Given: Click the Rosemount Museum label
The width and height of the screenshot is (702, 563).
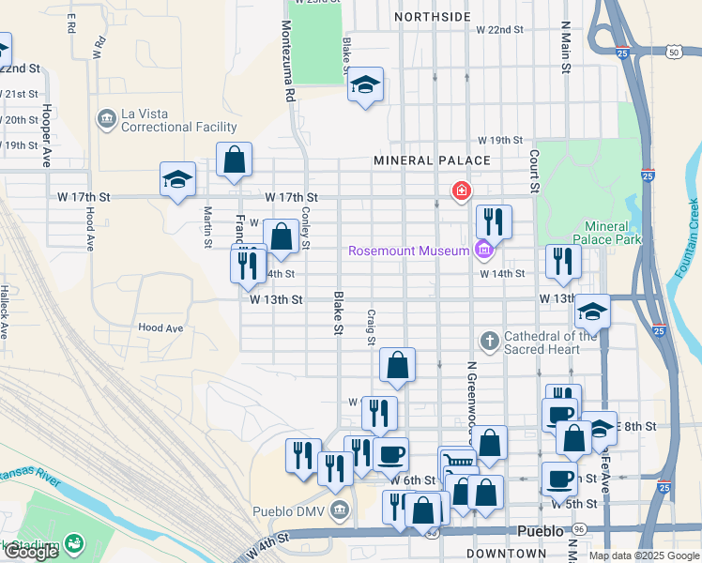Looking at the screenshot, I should pyautogui.click(x=408, y=251).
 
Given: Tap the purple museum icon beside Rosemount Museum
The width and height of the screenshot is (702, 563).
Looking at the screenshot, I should pyautogui.click(x=483, y=250).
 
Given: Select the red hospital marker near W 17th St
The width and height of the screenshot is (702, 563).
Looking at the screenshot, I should pyautogui.click(x=461, y=191).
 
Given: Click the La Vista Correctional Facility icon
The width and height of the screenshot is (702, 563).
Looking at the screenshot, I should pyautogui.click(x=106, y=119).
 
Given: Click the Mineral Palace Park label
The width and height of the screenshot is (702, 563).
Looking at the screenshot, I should pyautogui.click(x=612, y=233).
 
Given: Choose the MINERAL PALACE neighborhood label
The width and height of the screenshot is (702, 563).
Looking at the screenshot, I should pyautogui.click(x=432, y=160).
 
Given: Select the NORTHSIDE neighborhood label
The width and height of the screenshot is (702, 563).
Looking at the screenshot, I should pyautogui.click(x=432, y=17).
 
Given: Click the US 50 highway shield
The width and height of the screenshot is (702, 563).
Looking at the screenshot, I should pyautogui.click(x=674, y=53).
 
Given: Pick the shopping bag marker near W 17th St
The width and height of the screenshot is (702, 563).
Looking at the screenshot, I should pyautogui.click(x=234, y=160).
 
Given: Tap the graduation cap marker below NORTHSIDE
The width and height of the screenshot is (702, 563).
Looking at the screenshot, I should pyautogui.click(x=366, y=85).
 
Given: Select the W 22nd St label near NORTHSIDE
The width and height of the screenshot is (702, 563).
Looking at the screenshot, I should pyautogui.click(x=499, y=30).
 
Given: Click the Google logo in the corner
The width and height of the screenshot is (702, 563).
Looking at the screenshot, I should pyautogui.click(x=31, y=552).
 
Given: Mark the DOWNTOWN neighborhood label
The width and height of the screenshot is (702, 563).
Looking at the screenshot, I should pyautogui.click(x=506, y=555).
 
